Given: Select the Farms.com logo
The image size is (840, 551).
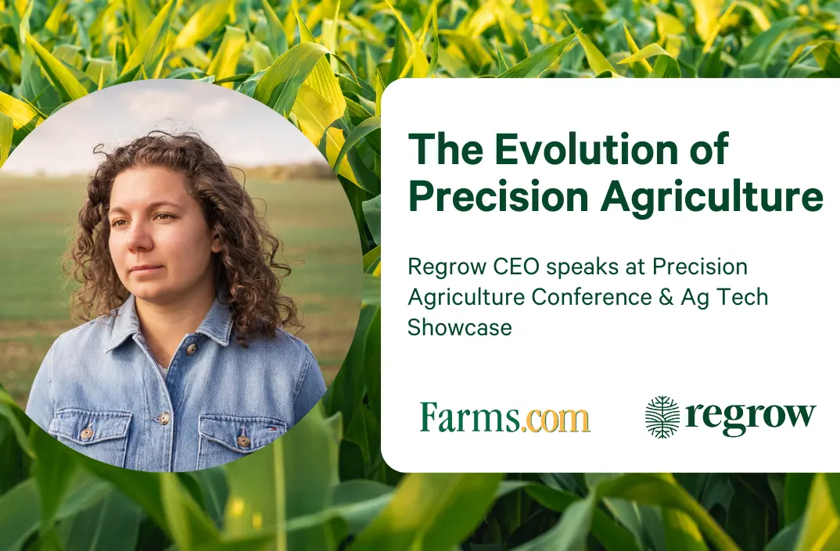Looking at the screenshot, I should (504, 417).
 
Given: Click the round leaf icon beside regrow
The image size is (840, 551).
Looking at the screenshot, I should (662, 417).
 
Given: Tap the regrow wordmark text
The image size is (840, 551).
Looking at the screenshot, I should (750, 417).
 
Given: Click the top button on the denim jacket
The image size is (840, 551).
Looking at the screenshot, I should (190, 349).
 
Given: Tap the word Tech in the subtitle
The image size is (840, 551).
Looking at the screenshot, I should (741, 298).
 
